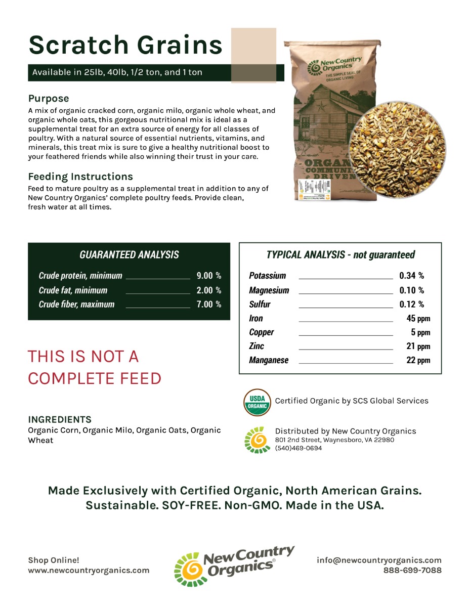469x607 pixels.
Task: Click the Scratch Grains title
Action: [x=125, y=45]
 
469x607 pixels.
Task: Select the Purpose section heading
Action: [x=49, y=98]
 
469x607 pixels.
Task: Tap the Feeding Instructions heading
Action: [x=80, y=177]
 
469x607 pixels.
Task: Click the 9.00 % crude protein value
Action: [x=208, y=276]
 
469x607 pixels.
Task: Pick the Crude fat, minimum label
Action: [x=73, y=290]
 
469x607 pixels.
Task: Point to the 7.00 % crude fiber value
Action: [x=208, y=305]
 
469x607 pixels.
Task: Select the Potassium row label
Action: [x=267, y=276]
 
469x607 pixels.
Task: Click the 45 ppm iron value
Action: [x=418, y=319]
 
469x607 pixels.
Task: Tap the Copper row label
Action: [x=261, y=332]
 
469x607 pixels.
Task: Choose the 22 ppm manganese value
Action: [x=418, y=361]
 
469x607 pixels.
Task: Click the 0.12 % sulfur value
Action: [x=411, y=305]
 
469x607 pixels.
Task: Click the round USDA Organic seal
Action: [x=257, y=402]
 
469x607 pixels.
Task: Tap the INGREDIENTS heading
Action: [x=60, y=419]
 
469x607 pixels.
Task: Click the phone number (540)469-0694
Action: [x=298, y=448]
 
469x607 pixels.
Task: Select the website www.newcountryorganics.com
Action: [x=89, y=571]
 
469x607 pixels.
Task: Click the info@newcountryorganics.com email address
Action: [x=379, y=560]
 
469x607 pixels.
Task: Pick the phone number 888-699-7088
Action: [x=412, y=571]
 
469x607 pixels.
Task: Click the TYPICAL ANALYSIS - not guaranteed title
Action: [x=340, y=255]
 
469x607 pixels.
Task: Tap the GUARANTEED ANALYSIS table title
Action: [x=129, y=255]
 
